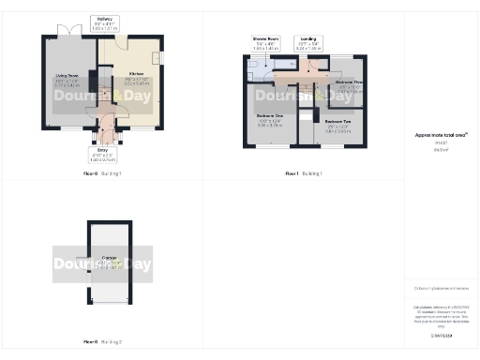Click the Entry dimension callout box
point(102,155)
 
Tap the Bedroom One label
point(269,120)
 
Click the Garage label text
point(109,262)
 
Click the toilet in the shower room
point(253,65)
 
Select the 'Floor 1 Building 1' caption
point(304,174)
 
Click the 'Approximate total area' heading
point(441,135)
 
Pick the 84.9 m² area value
point(441,148)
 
